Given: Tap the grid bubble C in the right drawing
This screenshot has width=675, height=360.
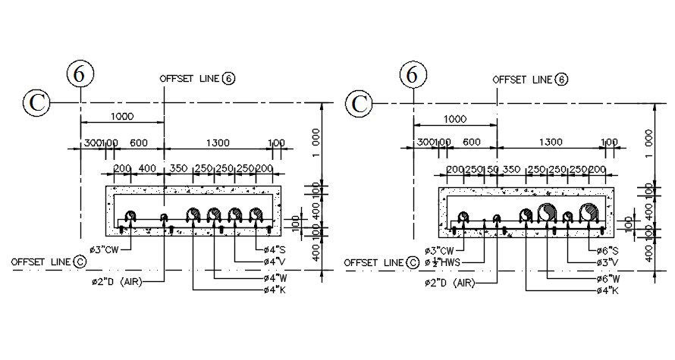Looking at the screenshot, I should tap(360, 103).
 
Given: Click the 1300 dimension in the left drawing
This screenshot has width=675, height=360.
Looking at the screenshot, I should tap(217, 142).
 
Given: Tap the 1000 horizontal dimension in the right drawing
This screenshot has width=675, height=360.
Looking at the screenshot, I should tap(454, 118).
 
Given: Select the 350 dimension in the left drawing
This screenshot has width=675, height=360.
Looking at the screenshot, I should tap(178, 168).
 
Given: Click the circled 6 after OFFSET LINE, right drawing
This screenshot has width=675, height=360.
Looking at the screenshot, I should tap(561, 79).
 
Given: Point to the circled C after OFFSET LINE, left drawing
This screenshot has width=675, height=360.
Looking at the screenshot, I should tap(80, 261).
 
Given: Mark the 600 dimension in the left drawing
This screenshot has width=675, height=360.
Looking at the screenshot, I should tap(139, 142).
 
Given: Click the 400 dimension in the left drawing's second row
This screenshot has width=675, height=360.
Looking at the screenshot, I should tap(148, 168).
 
